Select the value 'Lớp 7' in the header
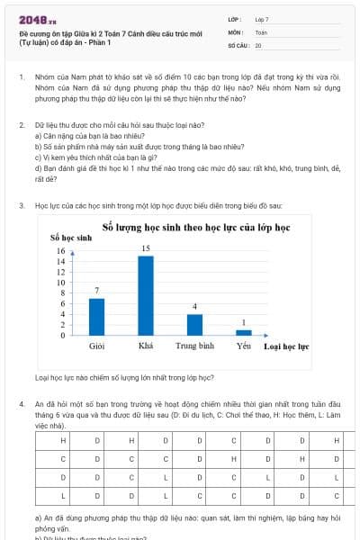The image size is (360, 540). click(263, 19)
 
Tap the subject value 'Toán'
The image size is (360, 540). click(261, 31)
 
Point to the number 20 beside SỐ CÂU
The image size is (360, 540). click(258, 44)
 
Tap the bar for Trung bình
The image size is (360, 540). click(194, 325)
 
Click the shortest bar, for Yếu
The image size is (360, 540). click(244, 332)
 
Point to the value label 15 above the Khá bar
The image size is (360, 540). click(145, 247)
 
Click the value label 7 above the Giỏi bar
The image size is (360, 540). click(96, 290)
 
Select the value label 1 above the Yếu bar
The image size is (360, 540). click(244, 321)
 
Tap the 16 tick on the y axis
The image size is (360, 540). click(61, 251)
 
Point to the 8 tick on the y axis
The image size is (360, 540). click(62, 292)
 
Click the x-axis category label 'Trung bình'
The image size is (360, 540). click(194, 346)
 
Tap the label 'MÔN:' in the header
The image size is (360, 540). click(236, 31)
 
